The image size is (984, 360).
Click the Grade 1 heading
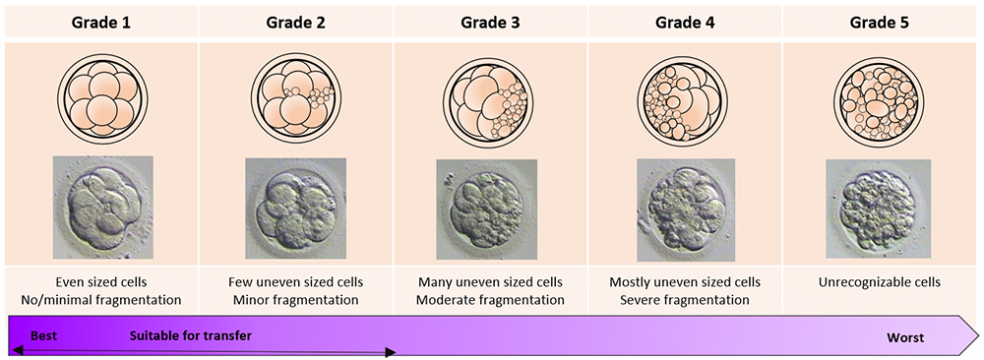[x=101, y=24]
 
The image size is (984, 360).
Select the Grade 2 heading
[x=296, y=24]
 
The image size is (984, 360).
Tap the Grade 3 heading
[x=491, y=24]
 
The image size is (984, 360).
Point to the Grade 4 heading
[x=685, y=24]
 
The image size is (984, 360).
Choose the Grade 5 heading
[x=879, y=24]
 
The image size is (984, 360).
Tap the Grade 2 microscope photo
[x=295, y=209]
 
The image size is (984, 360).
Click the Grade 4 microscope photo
[x=685, y=210]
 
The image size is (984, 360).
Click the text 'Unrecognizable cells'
[x=879, y=283]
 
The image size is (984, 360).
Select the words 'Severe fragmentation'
[x=685, y=300]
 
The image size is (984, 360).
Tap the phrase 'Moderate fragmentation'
[x=490, y=300]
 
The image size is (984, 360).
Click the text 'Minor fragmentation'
[x=295, y=300]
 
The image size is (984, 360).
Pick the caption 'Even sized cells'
[x=101, y=283]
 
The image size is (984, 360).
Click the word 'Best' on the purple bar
[x=44, y=336]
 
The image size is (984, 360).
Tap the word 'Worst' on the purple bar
[x=905, y=338]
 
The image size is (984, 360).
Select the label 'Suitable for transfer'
[x=191, y=336]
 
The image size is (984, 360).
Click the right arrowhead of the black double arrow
[x=391, y=352]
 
